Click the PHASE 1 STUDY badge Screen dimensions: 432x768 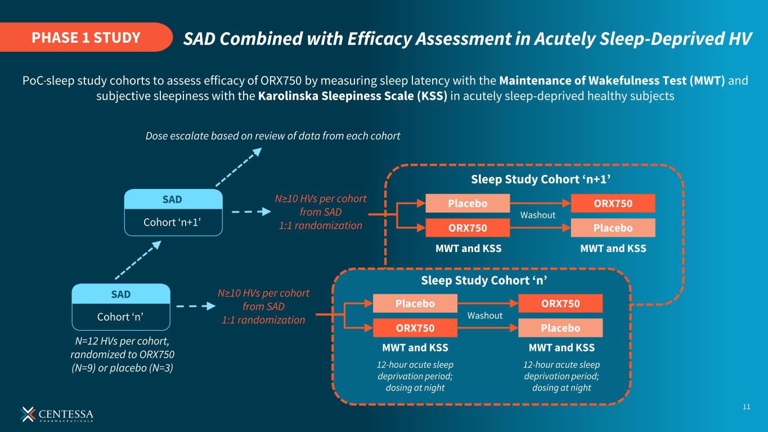point(86,38)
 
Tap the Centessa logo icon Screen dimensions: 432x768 point(28,413)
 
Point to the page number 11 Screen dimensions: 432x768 point(747,407)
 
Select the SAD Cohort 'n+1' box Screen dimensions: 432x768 point(173,213)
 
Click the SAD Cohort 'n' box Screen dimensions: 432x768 point(121,307)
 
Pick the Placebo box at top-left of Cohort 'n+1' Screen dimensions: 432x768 point(468,203)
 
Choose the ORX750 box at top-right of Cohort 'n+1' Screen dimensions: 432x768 point(613,203)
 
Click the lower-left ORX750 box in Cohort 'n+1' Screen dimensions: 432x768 point(468,227)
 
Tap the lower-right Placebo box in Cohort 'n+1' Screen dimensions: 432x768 point(613,227)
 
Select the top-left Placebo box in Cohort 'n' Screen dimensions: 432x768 point(415,303)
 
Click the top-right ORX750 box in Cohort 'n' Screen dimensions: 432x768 point(560,303)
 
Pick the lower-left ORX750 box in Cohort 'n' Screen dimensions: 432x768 point(415,327)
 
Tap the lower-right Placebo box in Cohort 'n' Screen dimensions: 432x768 point(560,327)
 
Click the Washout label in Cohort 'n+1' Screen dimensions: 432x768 point(537,215)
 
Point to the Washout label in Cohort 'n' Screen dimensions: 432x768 point(485,316)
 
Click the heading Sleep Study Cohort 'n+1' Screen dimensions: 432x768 point(540,179)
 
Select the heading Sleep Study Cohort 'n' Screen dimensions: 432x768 point(484,280)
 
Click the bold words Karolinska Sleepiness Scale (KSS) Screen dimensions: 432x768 point(352,96)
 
